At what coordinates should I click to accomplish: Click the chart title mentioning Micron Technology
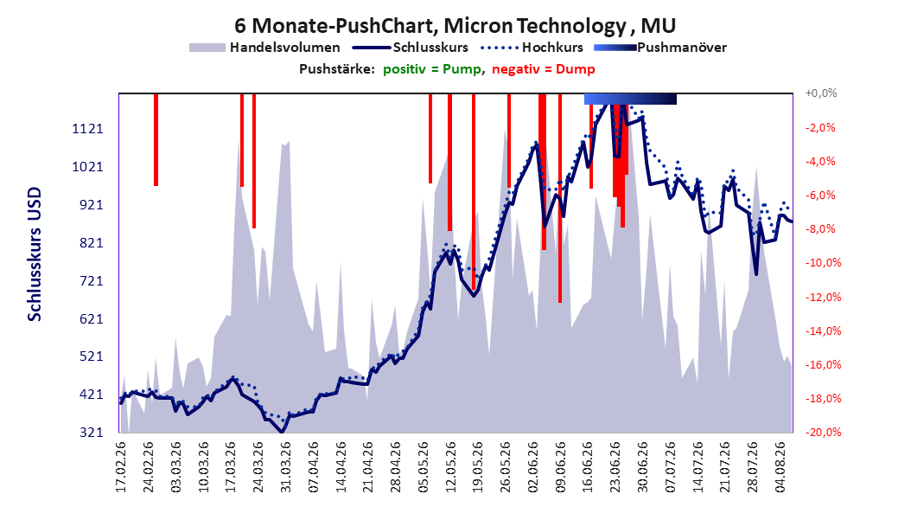click(455, 26)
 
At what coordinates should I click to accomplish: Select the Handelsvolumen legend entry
click(264, 48)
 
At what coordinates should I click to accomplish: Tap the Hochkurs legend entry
click(532, 48)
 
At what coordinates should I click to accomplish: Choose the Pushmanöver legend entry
click(660, 48)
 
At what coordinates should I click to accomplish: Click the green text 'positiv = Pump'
click(432, 69)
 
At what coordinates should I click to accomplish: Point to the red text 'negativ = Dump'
click(544, 69)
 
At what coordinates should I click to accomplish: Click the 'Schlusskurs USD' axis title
click(35, 254)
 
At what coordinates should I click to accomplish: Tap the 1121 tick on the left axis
click(88, 129)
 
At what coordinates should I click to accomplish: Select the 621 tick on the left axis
click(88, 318)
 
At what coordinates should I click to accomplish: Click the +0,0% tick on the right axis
click(821, 93)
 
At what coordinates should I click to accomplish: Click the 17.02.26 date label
click(120, 467)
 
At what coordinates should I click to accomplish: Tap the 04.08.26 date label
click(780, 467)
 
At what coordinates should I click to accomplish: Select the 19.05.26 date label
click(477, 467)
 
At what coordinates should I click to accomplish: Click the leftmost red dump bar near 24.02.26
click(156, 139)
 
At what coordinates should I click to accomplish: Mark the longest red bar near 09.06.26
click(560, 198)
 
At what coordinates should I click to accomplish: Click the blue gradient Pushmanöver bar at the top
click(630, 99)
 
